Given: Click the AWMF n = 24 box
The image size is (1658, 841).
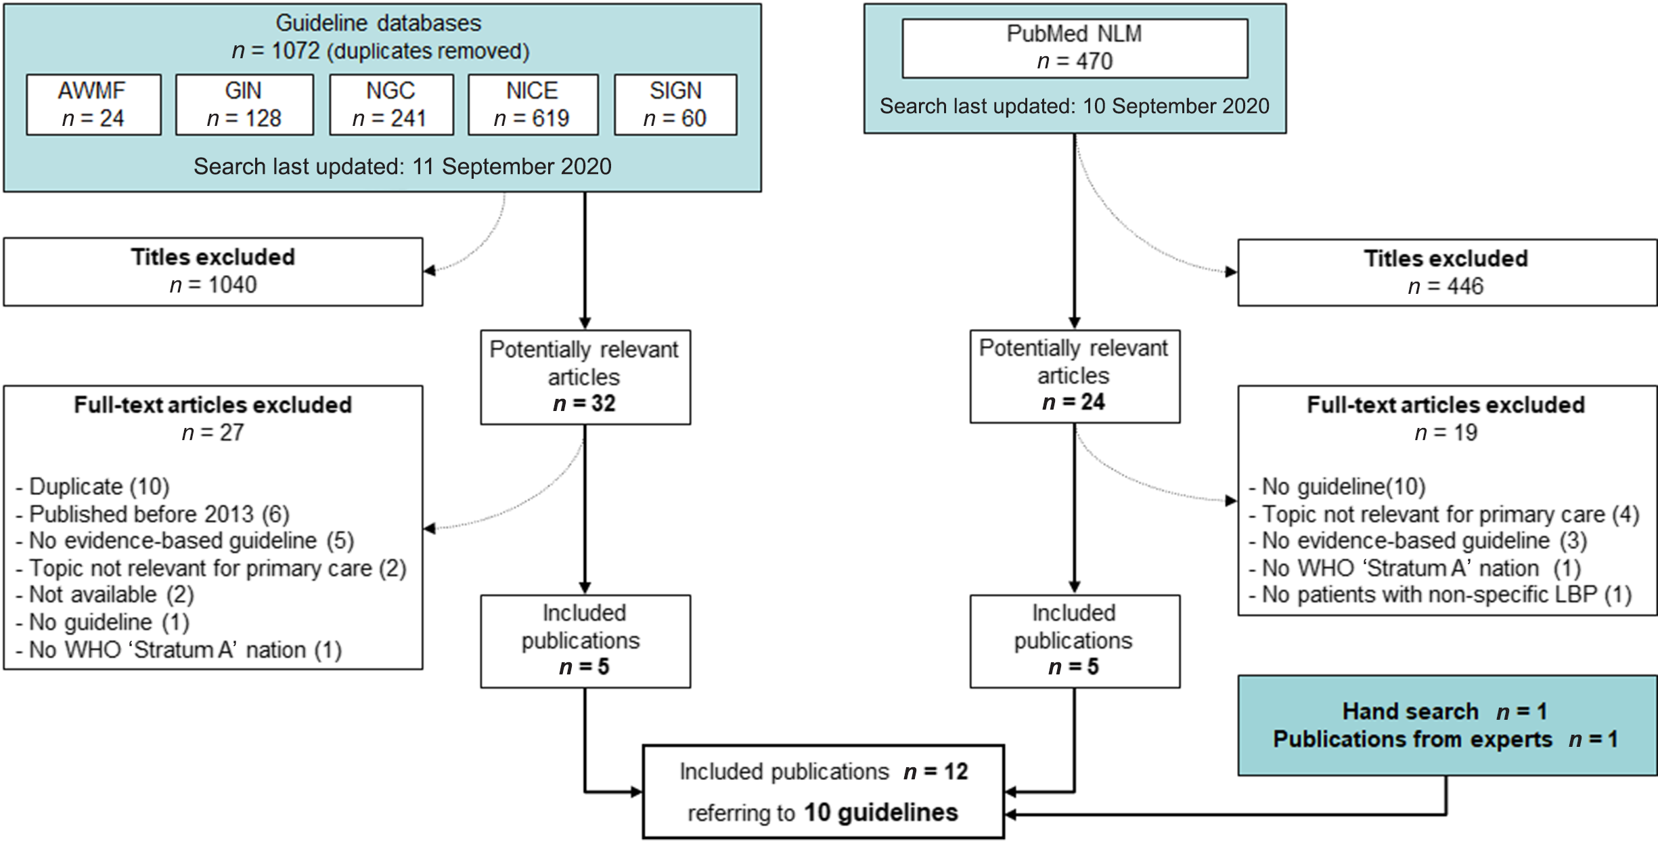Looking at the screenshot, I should coord(93,105).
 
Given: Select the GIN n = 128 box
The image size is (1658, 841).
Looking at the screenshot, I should coord(244,105).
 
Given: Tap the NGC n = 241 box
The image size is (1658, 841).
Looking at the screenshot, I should coord(391,105).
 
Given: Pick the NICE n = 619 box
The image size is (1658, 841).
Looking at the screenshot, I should coord(533,105).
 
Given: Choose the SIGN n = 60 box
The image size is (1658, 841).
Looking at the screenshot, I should coord(675,105).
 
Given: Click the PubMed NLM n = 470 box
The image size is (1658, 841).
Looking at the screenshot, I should coord(1075,48).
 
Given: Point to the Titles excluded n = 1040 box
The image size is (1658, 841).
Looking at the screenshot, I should coord(212,272).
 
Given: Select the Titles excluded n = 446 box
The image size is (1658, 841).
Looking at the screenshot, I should coord(1447,272).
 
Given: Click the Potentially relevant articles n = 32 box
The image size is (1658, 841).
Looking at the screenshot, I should coord(585,377).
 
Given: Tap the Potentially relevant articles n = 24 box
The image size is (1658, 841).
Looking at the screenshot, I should coord(1075,376).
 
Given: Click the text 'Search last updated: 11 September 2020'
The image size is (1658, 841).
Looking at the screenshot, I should coord(402,167).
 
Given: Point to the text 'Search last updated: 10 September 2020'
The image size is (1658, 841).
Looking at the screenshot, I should coord(1075,106).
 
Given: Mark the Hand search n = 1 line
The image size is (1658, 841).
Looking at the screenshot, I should coord(1444,712).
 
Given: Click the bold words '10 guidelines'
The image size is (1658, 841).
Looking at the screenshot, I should coord(880,813).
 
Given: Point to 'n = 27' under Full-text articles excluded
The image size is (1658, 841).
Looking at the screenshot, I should coord(212,433).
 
